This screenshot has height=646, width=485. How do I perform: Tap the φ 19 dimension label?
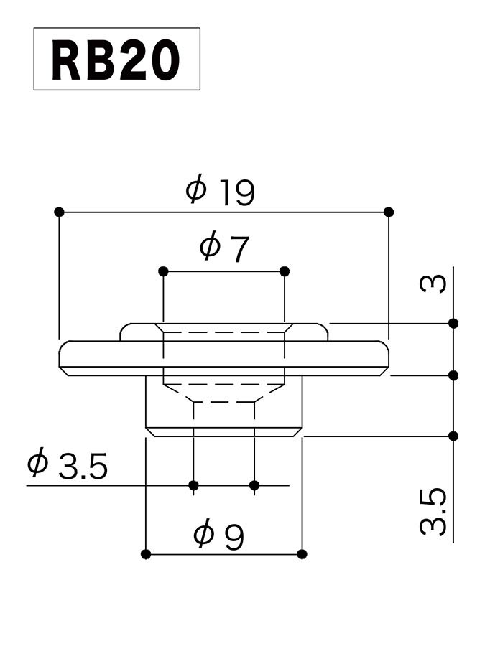pos(220,192)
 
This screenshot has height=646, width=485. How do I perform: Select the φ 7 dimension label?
pos(223,248)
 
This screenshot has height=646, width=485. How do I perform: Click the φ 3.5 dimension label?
pos(67,467)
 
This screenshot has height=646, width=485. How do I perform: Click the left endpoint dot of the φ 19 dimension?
pos(59,212)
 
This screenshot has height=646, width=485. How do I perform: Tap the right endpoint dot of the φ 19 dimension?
pos(389,212)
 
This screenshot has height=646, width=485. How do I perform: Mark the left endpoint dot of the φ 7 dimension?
pos(163,271)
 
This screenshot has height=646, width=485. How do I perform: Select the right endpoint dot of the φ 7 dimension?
pos(285,271)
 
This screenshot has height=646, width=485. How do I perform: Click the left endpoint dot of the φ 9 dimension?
pos(146,554)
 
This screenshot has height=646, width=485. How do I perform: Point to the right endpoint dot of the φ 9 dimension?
pos(302,554)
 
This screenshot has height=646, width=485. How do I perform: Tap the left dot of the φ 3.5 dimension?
pos(193,486)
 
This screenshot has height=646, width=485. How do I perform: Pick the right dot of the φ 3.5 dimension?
pos(254,486)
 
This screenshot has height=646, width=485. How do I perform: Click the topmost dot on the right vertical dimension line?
pos(453,323)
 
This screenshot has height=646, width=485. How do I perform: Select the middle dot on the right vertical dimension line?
pos(453,375)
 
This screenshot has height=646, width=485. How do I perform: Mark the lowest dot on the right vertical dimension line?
pos(453,436)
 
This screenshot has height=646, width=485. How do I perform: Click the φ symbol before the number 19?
pos(195,191)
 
